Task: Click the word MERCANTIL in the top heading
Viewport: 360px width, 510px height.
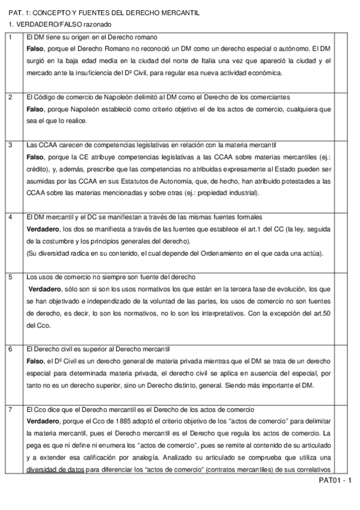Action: [x=178, y=13]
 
